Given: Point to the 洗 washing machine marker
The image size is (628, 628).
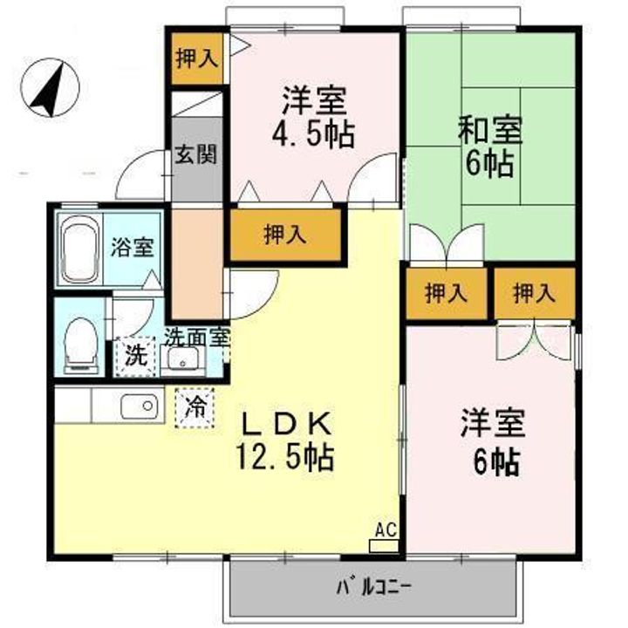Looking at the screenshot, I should tap(135, 356).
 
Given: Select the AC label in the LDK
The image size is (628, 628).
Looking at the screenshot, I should tap(385, 529).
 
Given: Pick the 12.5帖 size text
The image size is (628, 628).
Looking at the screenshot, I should tap(285, 456).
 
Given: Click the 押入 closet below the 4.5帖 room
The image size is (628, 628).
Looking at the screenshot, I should tap(284, 234).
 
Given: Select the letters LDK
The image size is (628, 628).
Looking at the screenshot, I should tap(284, 425).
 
